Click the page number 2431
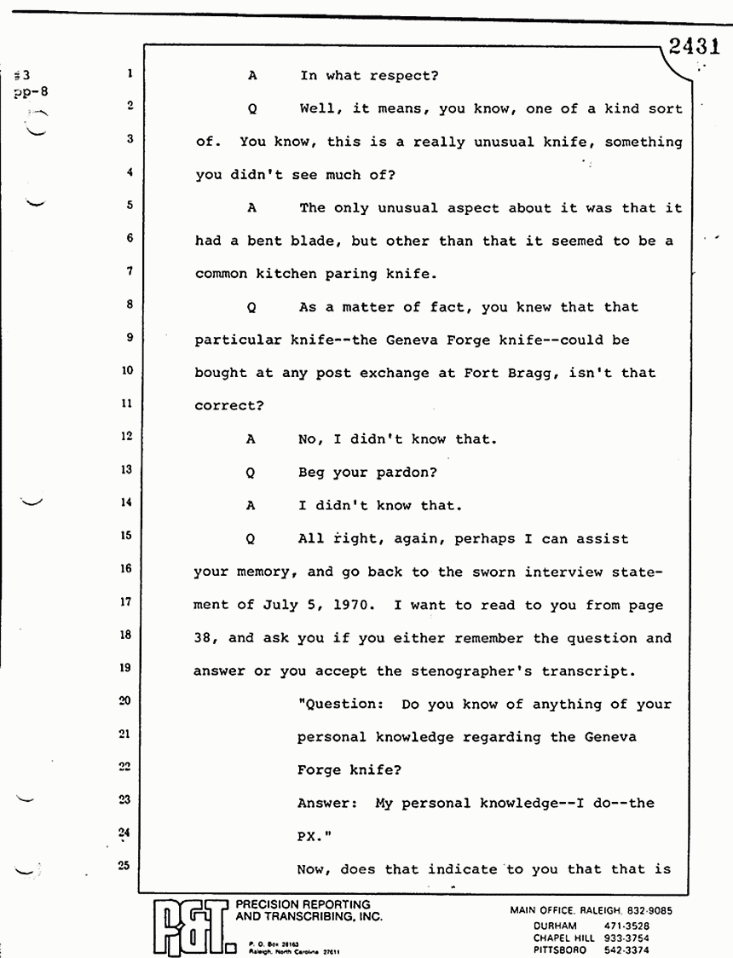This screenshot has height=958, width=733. (695, 49)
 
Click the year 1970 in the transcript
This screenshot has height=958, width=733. (349, 604)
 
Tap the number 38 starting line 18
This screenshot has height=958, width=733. (205, 637)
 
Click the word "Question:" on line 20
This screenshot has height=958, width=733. (336, 704)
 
